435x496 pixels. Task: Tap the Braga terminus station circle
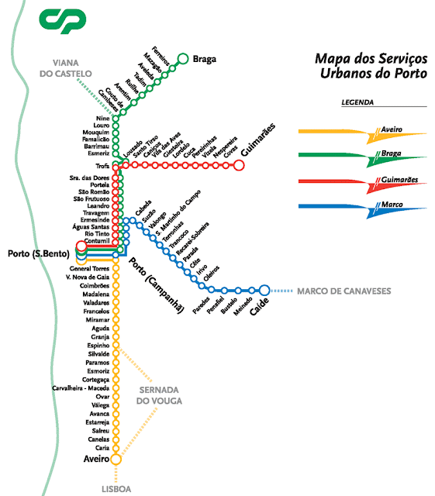click(183, 57)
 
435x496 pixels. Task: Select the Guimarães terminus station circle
click(239, 164)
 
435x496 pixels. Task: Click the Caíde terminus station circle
click(264, 290)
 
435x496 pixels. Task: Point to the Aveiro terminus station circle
click(116, 459)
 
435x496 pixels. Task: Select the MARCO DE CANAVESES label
click(344, 291)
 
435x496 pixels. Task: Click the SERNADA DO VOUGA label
click(160, 394)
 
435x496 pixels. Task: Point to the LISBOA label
click(115, 489)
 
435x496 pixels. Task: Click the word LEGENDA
click(357, 102)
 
